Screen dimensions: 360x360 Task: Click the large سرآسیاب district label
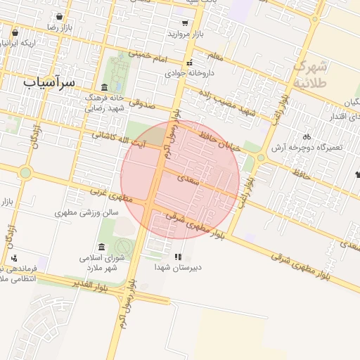pyautogui.click(x=48, y=82)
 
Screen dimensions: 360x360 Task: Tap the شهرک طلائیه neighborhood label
pyautogui.click(x=309, y=74)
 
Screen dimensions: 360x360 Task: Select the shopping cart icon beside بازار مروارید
pyautogui.click(x=184, y=23)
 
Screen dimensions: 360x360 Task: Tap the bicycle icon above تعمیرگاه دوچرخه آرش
pyautogui.click(x=306, y=136)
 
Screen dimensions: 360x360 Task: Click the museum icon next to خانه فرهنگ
pyautogui.click(x=105, y=87)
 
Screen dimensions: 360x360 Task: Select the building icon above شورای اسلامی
pyautogui.click(x=103, y=247)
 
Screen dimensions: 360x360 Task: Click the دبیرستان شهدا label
pyautogui.click(x=178, y=267)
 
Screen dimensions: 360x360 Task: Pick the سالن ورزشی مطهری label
pyautogui.click(x=86, y=212)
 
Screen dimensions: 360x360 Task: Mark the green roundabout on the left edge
pyautogui.click(x=25, y=172)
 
